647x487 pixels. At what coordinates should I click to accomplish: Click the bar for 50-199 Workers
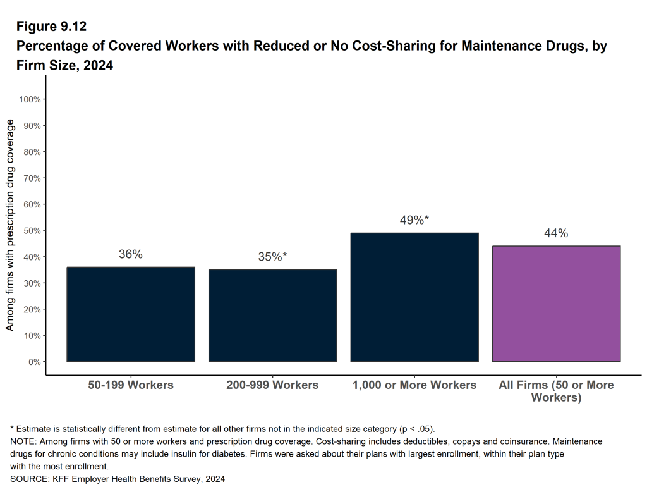(x=131, y=314)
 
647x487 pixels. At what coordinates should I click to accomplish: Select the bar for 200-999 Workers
(x=272, y=316)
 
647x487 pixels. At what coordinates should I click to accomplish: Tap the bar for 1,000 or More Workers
(x=414, y=297)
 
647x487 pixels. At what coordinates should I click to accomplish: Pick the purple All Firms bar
(x=556, y=304)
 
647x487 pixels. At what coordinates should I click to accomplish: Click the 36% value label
(x=131, y=254)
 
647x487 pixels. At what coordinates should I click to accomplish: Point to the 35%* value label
(x=272, y=257)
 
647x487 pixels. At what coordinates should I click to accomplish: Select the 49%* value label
(x=414, y=220)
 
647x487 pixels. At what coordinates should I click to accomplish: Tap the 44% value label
(x=556, y=233)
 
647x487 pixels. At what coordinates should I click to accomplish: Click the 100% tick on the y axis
(x=30, y=99)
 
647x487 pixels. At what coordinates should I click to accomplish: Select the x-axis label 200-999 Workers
(x=272, y=385)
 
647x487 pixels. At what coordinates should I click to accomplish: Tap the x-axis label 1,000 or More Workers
(x=414, y=385)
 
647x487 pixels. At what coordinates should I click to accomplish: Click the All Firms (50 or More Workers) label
(x=556, y=391)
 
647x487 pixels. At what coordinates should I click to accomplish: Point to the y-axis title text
(x=10, y=225)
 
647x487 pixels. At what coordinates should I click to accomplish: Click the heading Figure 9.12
(x=52, y=27)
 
